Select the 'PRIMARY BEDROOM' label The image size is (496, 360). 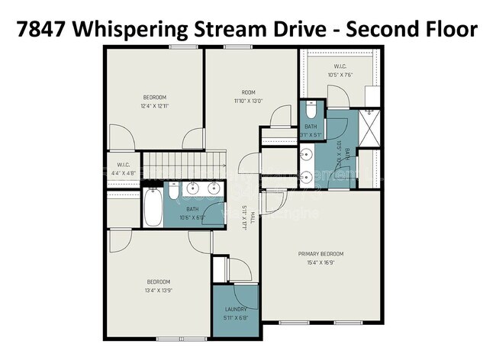[x=320, y=254]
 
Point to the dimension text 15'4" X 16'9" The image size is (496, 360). [x=320, y=264]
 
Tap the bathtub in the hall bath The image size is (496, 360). [x=153, y=207]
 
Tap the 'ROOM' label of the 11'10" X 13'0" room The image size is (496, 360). [x=248, y=92]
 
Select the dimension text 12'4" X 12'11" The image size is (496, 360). [x=155, y=106]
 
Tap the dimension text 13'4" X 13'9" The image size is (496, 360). [x=159, y=291]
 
